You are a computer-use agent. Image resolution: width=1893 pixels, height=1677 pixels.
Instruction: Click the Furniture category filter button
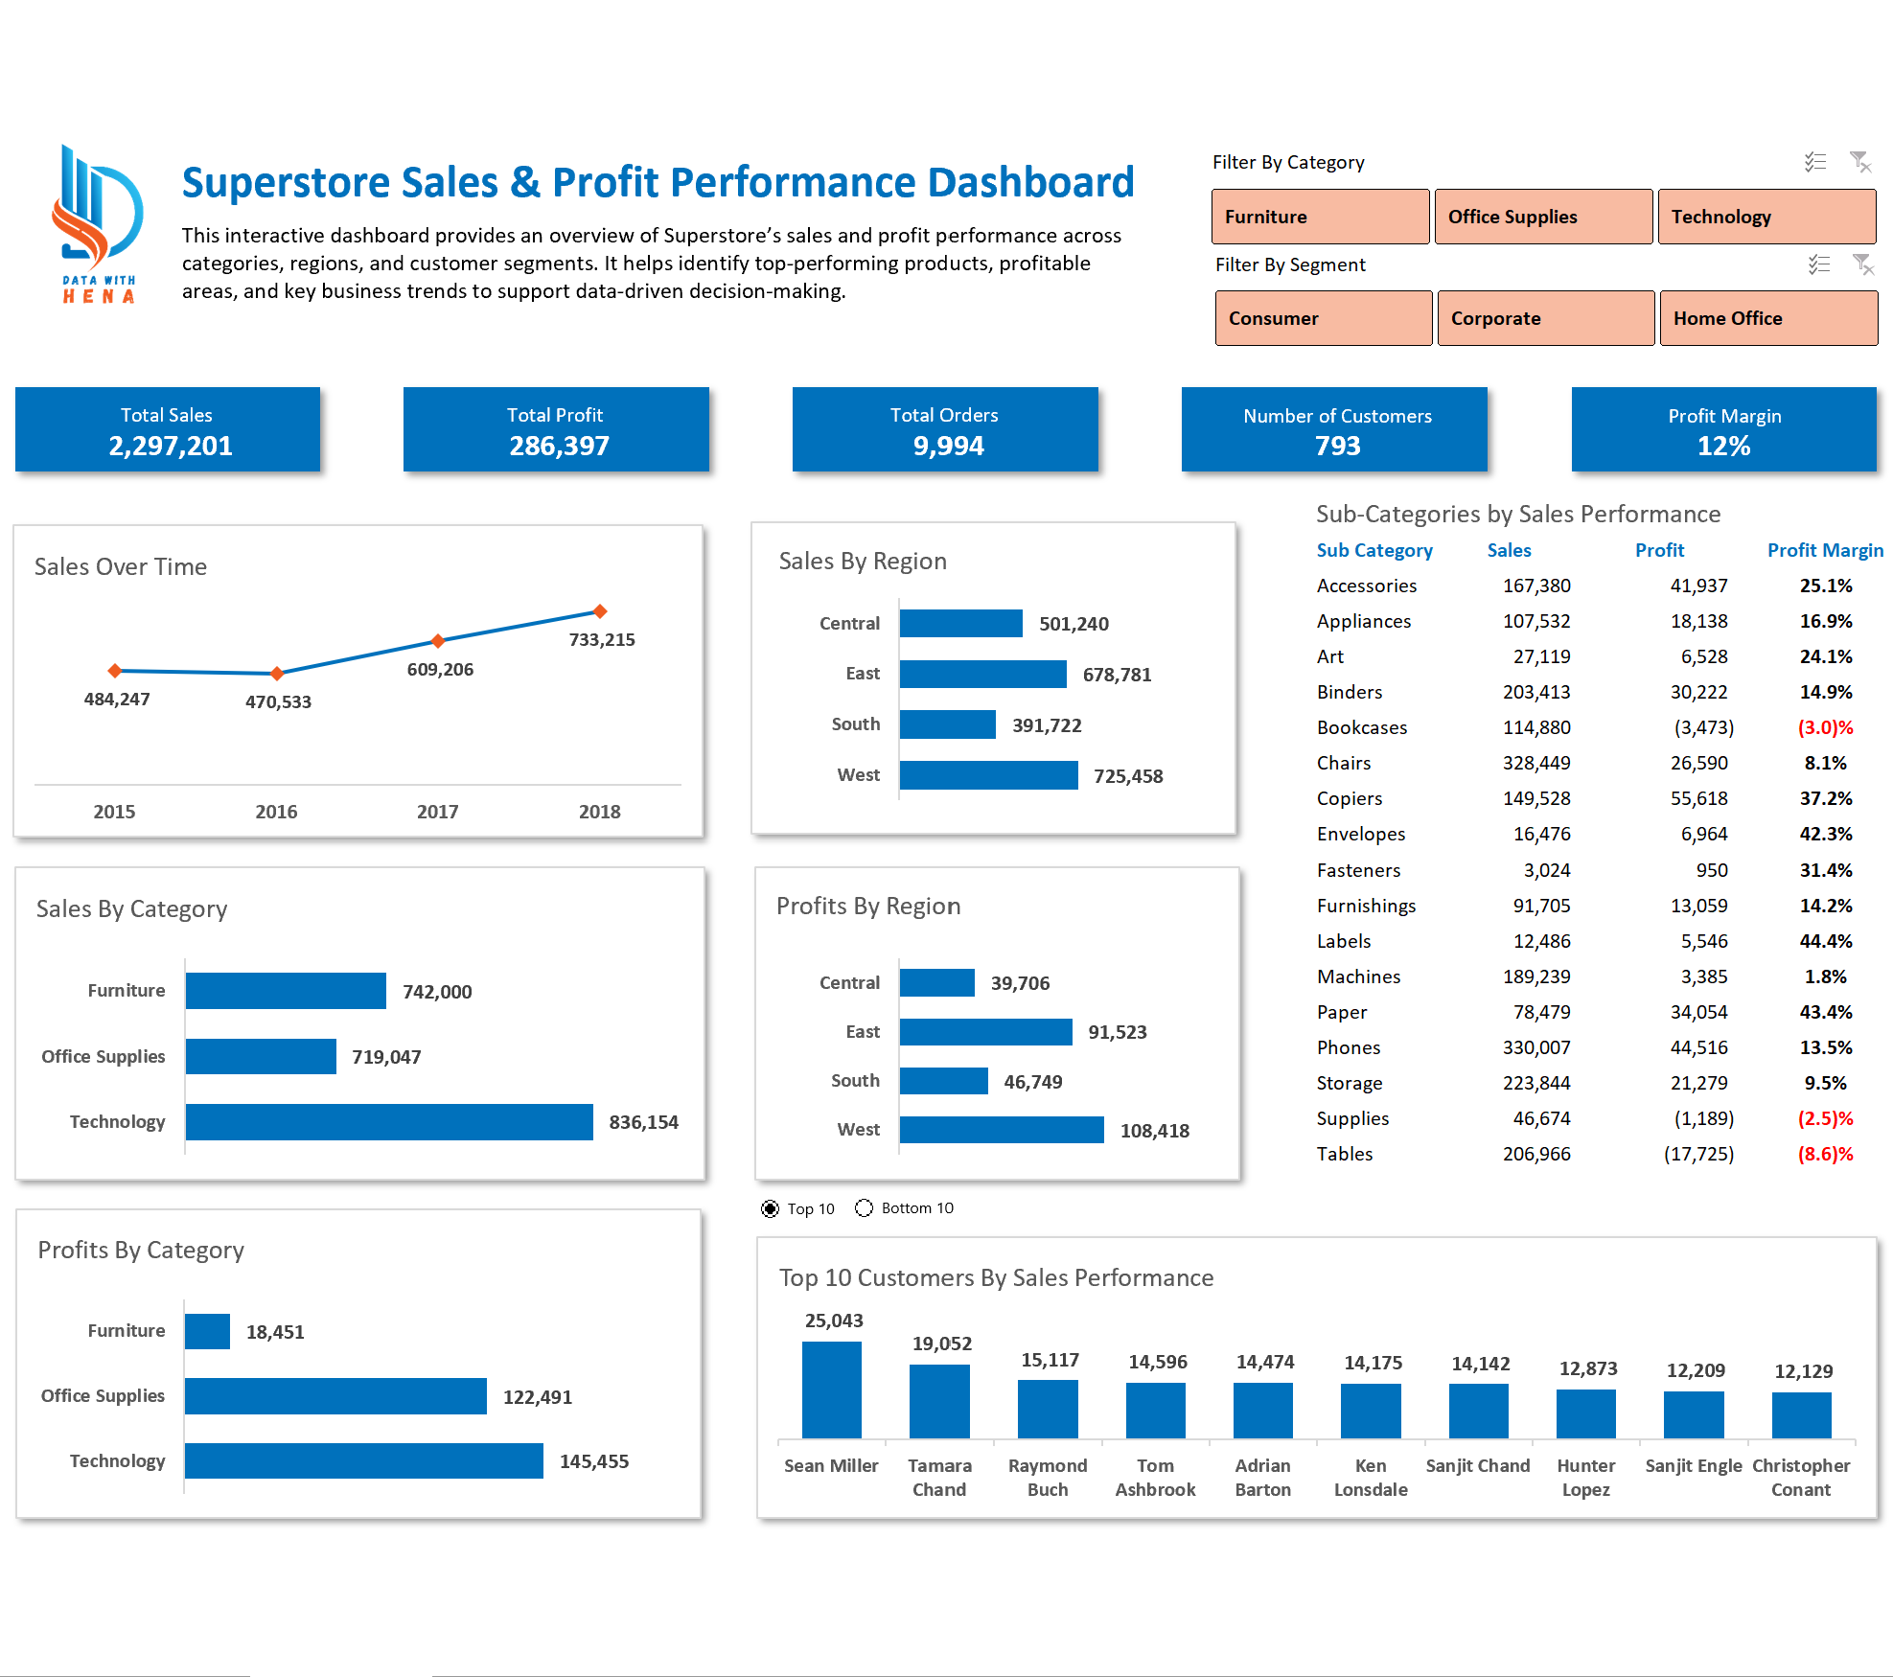[1319, 217]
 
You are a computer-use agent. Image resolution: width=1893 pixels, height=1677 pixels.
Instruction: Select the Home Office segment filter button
[1767, 318]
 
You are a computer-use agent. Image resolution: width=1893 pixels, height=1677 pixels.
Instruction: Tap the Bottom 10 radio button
[865, 1208]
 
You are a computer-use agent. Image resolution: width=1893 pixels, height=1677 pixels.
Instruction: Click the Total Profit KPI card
[556, 430]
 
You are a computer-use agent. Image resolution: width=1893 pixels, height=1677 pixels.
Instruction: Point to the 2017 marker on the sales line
[438, 640]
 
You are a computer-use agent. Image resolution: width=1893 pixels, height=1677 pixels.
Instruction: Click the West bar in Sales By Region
[988, 775]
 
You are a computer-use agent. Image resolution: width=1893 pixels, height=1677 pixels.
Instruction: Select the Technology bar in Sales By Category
[388, 1122]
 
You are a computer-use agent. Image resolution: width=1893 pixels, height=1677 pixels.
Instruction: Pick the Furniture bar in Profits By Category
[207, 1331]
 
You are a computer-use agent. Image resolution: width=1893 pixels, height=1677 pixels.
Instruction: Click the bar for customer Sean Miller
[831, 1390]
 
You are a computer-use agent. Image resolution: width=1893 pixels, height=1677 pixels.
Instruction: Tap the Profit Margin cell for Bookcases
[1825, 727]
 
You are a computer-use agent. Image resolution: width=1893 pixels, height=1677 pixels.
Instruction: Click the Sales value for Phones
[1535, 1047]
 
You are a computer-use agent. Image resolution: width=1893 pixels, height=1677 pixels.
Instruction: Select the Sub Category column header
[1374, 550]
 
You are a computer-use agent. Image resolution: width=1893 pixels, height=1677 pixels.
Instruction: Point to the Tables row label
[1344, 1154]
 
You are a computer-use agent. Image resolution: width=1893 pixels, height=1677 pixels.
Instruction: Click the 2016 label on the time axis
[276, 812]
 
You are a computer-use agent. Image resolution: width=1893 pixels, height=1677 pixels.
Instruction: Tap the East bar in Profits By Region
[985, 1032]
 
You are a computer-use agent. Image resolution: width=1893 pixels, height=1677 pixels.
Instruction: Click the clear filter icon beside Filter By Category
[1859, 162]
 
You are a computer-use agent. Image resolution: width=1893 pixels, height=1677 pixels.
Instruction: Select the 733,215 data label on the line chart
[602, 639]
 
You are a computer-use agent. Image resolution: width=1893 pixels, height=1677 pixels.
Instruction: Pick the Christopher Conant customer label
[1800, 1477]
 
